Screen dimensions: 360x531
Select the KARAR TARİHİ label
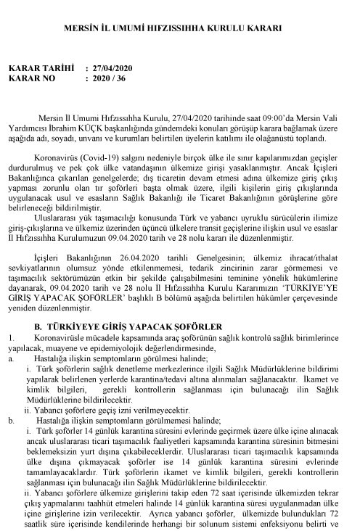41,68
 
